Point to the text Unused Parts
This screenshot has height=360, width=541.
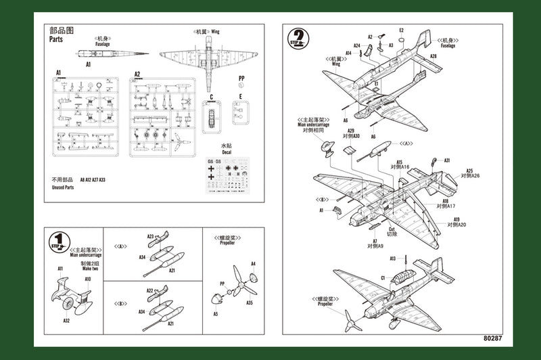coord(63,188)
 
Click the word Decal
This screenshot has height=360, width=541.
coord(226,154)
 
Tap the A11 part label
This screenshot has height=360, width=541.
coord(60,269)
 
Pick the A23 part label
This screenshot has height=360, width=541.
coord(151,237)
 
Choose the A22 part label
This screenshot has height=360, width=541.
coord(151,290)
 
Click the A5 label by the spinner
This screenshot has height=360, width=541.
coord(215,313)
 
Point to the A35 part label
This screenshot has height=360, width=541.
coord(250,303)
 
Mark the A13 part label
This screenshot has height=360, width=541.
coord(393,258)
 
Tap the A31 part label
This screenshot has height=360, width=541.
coord(446,160)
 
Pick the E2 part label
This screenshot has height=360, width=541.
coord(401,30)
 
